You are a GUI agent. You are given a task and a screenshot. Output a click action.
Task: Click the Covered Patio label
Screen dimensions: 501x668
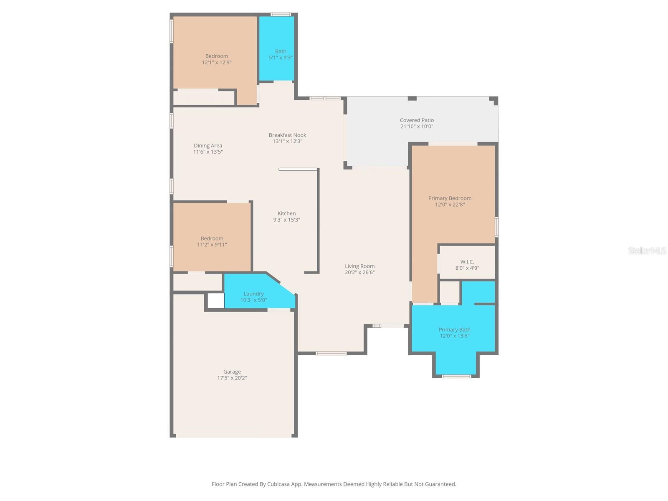(x=417, y=120)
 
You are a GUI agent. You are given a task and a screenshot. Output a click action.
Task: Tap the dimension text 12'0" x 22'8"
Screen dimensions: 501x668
(x=450, y=205)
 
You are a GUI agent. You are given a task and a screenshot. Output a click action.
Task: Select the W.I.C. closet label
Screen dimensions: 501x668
(x=467, y=262)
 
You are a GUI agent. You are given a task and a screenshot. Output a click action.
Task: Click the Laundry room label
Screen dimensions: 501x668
(x=253, y=294)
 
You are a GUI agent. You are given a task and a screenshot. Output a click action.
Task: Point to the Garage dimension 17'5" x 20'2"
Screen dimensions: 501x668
(x=232, y=378)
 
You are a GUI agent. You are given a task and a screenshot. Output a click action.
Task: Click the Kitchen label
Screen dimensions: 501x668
(x=286, y=213)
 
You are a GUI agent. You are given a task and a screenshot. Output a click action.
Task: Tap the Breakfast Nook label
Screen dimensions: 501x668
(x=287, y=135)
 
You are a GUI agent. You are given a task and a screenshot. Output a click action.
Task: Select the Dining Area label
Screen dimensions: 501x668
(x=207, y=146)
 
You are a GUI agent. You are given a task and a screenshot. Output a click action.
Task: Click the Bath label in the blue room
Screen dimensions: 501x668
(x=281, y=51)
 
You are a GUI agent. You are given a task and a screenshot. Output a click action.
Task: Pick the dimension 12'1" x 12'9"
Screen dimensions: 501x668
(x=216, y=62)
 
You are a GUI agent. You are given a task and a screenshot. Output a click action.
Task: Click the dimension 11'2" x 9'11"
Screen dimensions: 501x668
(x=212, y=245)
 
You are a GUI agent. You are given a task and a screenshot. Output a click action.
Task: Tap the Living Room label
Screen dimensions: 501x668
(x=359, y=266)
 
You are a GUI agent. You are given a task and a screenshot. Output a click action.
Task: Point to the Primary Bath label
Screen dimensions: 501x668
(x=454, y=329)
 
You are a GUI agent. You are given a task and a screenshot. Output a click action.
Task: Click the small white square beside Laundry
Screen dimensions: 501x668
(x=216, y=301)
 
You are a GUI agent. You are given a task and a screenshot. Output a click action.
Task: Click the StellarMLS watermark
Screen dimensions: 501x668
(x=647, y=250)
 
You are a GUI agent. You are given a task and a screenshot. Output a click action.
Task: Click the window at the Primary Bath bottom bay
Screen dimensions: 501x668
(x=456, y=376)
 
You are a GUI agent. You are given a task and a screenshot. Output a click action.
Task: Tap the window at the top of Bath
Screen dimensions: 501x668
(x=281, y=15)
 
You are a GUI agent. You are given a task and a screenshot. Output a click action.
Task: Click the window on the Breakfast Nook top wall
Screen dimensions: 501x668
(x=324, y=99)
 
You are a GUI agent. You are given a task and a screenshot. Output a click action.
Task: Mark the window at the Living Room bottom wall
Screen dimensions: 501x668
(x=331, y=353)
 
